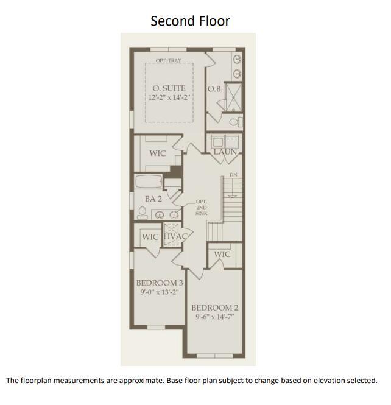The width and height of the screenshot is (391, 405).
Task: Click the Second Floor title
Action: pyautogui.click(x=190, y=21)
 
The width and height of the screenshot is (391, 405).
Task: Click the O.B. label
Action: pyautogui.click(x=215, y=88)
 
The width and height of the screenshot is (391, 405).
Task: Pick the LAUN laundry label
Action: pyautogui.click(x=225, y=151)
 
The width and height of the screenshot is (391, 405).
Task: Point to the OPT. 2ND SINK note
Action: pyautogui.click(x=202, y=208)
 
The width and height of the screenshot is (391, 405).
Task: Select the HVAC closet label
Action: pyautogui.click(x=174, y=236)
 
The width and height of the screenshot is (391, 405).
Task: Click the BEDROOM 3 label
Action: pyautogui.click(x=159, y=283)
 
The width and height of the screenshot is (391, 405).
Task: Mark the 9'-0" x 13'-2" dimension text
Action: pyautogui.click(x=159, y=292)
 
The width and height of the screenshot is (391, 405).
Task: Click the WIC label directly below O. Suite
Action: pyautogui.click(x=158, y=153)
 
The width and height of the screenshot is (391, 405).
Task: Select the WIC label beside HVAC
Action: pyautogui.click(x=150, y=236)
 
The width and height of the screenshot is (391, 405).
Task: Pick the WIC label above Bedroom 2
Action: pyautogui.click(x=222, y=254)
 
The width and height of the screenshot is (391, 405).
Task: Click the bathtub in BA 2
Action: pyautogui.click(x=149, y=181)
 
